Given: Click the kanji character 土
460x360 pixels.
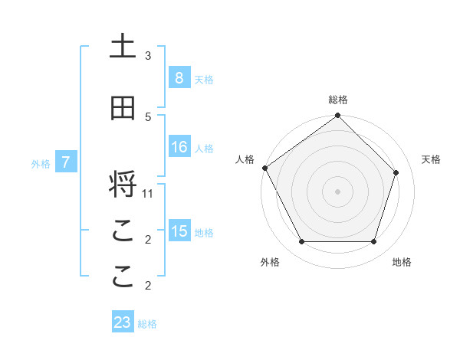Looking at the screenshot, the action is pyautogui.click(x=123, y=47).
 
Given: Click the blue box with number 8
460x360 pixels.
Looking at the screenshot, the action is pyautogui.click(x=179, y=77).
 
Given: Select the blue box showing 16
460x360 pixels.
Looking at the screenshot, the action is pyautogui.click(x=179, y=147).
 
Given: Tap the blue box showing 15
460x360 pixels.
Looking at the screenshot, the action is pyautogui.click(x=179, y=231).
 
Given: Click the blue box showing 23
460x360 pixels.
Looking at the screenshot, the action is pyautogui.click(x=123, y=322).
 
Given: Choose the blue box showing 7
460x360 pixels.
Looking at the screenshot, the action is pyautogui.click(x=66, y=162).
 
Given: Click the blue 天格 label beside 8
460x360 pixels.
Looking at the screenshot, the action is pyautogui.click(x=204, y=79).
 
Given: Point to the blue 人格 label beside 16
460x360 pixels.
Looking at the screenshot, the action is pyautogui.click(x=204, y=149).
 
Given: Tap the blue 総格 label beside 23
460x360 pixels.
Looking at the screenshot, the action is pyautogui.click(x=148, y=324).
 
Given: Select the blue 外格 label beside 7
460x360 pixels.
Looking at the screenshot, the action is pyautogui.click(x=41, y=164).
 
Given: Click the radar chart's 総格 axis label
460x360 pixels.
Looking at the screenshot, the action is pyautogui.click(x=337, y=100).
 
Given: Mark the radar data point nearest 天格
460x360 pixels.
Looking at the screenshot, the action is pyautogui.click(x=396, y=172).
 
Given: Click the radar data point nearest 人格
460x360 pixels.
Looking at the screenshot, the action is pyautogui.click(x=264, y=168).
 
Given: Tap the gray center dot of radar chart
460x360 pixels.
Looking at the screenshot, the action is pyautogui.click(x=337, y=191).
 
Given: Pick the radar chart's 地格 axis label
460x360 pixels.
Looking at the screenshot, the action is pyautogui.click(x=402, y=262).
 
